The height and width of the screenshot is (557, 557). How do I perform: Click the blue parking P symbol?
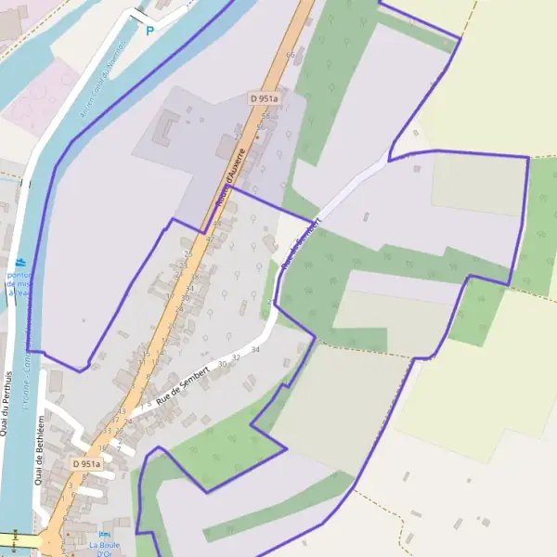(x=149, y=31)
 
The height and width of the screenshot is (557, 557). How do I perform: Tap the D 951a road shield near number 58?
(x=265, y=97)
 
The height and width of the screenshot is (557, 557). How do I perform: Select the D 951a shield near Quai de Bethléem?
(x=86, y=463)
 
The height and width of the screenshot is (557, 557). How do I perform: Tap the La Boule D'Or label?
(x=104, y=550)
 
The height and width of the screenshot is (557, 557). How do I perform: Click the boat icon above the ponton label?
(x=20, y=263)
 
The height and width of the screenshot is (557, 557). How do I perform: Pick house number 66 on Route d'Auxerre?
(x=291, y=56)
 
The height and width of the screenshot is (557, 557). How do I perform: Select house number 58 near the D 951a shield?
(x=265, y=116)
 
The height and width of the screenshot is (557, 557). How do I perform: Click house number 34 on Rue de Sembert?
(x=255, y=349)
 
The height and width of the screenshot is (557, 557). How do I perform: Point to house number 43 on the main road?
(x=122, y=411)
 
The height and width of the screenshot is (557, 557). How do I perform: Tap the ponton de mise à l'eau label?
(x=19, y=283)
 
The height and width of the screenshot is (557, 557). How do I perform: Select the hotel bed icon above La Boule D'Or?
(x=104, y=535)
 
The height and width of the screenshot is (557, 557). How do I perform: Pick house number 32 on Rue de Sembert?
(x=237, y=356)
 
